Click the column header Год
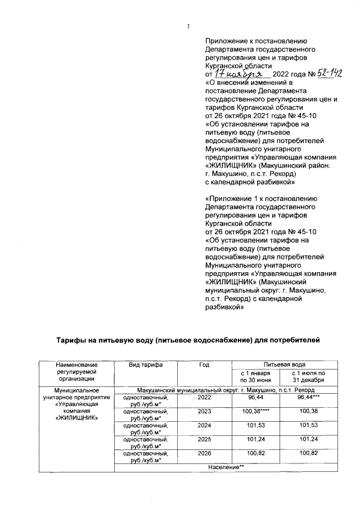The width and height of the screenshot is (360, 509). (x=204, y=365)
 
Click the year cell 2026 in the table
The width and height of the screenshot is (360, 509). (x=204, y=455)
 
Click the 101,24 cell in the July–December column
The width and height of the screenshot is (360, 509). (x=309, y=440)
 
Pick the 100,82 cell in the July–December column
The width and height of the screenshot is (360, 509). (x=309, y=455)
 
